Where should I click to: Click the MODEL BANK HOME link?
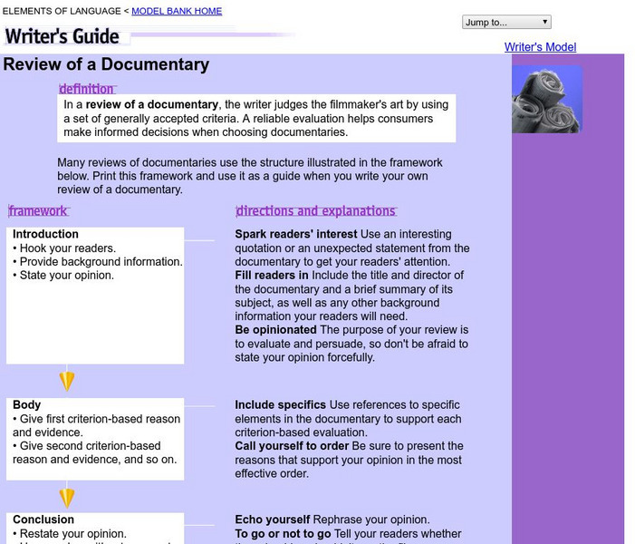pyautogui.click(x=177, y=11)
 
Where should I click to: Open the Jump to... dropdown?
pyautogui.click(x=505, y=22)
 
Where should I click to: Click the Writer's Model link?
pyautogui.click(x=540, y=47)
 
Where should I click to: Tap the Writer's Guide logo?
pyautogui.click(x=63, y=36)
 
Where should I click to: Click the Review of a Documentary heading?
pyautogui.click(x=106, y=64)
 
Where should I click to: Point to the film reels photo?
pyautogui.click(x=546, y=100)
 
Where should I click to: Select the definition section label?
pyautogui.click(x=87, y=89)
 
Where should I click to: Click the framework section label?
pyautogui.click(x=38, y=211)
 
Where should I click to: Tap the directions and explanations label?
pyautogui.click(x=315, y=211)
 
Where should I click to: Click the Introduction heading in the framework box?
pyautogui.click(x=45, y=234)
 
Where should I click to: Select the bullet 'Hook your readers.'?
pyautogui.click(x=64, y=248)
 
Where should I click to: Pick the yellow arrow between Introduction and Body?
pyautogui.click(x=66, y=381)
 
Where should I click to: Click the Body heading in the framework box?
pyautogui.click(x=26, y=405)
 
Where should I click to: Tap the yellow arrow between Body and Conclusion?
pyautogui.click(x=66, y=497)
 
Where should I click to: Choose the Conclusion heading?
pyautogui.click(x=43, y=520)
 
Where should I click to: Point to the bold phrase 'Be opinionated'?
pyautogui.click(x=275, y=330)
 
